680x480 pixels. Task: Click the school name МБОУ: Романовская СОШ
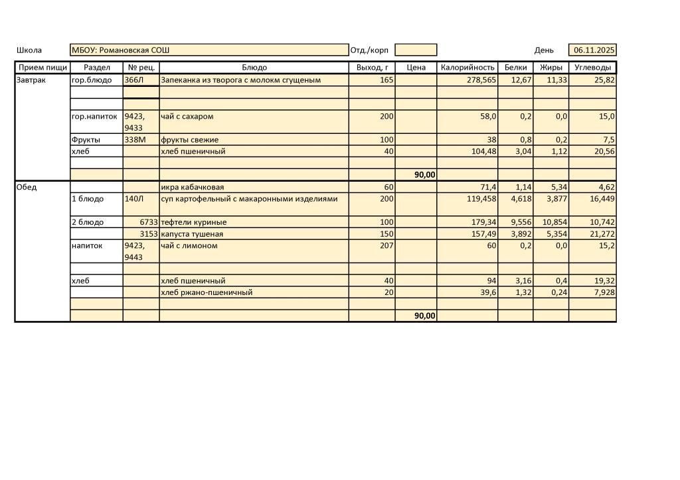tap(121, 50)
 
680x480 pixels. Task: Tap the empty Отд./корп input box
tap(416, 50)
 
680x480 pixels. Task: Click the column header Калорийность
tap(467, 68)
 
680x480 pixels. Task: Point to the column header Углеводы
tap(592, 68)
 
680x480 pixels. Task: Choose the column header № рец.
tap(141, 68)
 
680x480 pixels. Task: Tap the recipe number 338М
tap(135, 140)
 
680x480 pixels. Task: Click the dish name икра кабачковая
tap(192, 187)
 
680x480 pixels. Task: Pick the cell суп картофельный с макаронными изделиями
tap(249, 199)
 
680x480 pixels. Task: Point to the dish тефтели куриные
tap(193, 222)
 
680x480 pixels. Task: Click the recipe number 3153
tap(148, 234)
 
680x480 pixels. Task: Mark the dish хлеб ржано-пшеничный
tap(207, 292)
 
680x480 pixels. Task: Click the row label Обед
tap(27, 187)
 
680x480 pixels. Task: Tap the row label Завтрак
tap(31, 80)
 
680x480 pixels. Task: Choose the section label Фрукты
tap(86, 140)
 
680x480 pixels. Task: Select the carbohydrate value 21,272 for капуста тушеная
tap(602, 234)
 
